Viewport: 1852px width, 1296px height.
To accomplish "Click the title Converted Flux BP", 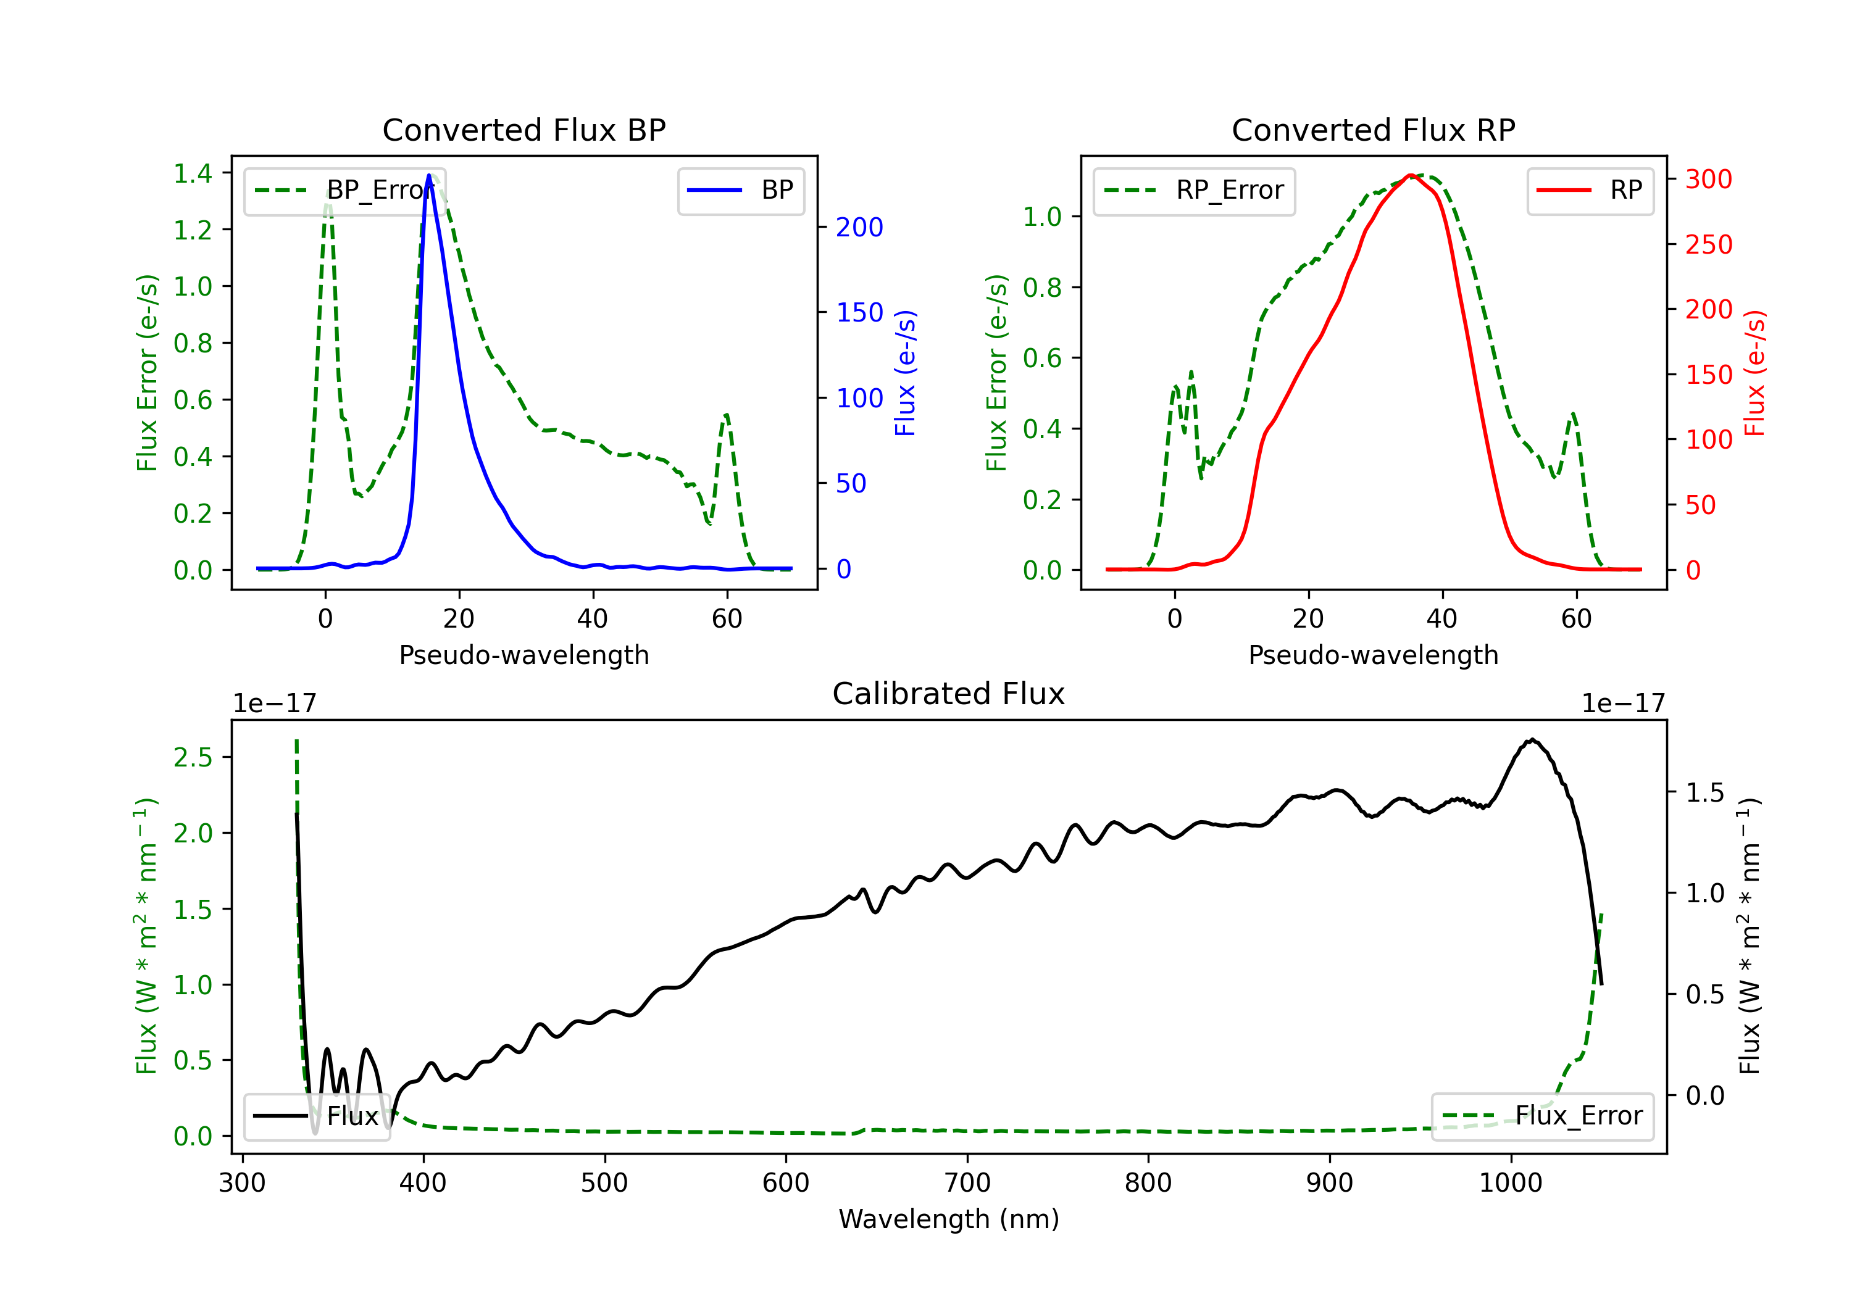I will [523, 130].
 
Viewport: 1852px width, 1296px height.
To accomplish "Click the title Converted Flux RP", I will [1373, 130].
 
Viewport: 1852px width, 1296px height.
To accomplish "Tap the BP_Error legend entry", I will [344, 190].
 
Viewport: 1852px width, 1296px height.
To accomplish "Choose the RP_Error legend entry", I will [1194, 190].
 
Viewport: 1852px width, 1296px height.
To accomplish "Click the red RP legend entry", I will [1590, 190].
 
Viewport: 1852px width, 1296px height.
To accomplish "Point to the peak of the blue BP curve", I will [428, 175].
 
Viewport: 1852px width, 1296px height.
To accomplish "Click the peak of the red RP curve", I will [1409, 175].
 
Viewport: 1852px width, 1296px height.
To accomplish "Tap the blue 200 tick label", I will [859, 228].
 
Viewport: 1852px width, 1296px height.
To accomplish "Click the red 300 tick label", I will [1708, 179].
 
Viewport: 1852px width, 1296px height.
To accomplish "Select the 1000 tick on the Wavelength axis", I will [1510, 1183].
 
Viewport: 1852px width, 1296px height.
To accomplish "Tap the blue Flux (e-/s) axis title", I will [905, 373].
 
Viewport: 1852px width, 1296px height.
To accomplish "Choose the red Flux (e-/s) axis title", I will [1754, 373].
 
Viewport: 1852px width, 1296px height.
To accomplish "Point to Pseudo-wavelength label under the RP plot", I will [1373, 655].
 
